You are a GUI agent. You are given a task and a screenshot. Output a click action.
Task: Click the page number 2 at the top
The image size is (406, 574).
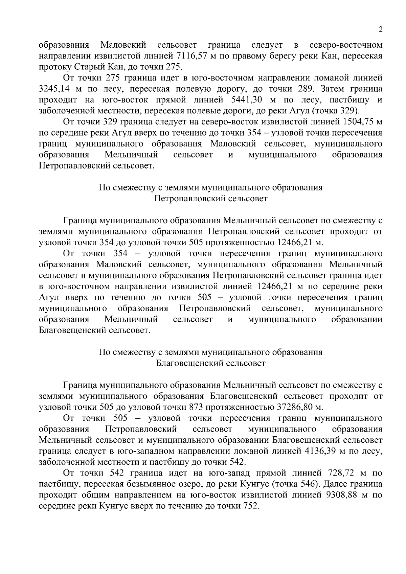coord(381,30)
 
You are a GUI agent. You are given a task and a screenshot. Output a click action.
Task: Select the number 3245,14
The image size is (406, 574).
coord(54,89)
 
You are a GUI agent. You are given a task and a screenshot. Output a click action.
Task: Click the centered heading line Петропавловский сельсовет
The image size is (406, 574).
coord(210,199)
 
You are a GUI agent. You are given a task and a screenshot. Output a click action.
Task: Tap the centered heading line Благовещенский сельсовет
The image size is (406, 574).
coord(210,363)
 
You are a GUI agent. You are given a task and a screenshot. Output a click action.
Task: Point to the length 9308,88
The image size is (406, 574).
coord(340,495)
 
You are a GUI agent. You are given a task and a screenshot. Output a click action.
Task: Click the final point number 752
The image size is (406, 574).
coord(249,506)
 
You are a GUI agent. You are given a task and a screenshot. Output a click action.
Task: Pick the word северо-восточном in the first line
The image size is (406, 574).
coord(346,45)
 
